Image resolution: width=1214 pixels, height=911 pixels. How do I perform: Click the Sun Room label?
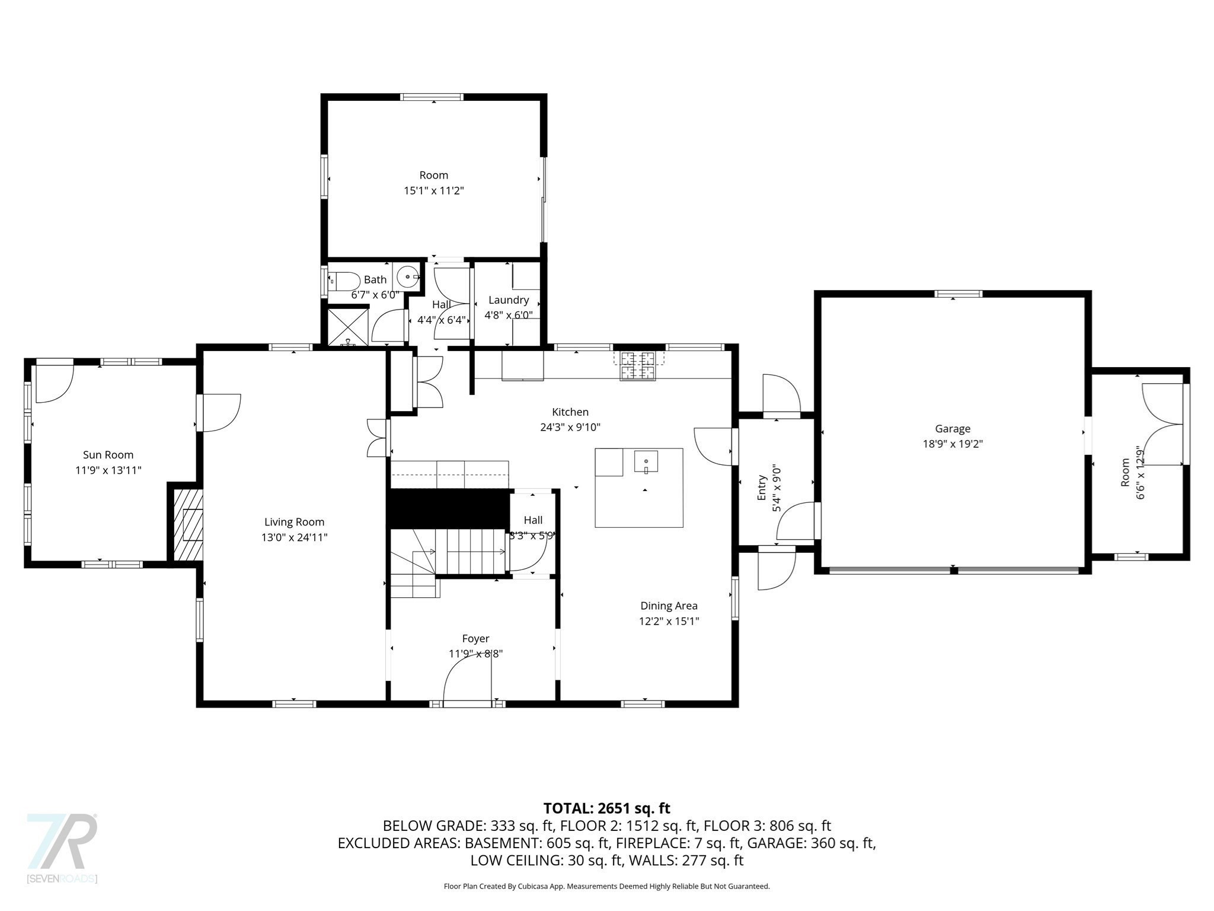108,455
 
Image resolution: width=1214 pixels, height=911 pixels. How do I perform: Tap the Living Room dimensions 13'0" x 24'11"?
295,537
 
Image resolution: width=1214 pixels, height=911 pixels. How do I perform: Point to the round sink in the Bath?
408,276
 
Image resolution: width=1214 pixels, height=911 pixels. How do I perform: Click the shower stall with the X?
348,324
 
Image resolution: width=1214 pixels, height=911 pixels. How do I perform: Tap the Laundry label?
508,300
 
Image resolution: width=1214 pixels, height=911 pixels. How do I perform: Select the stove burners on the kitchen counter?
638,365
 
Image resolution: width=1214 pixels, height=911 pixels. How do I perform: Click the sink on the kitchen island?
646,461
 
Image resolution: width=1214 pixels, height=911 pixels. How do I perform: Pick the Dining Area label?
669,606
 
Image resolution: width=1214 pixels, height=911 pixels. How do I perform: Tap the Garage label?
953,429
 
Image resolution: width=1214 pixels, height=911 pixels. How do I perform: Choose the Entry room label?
762,488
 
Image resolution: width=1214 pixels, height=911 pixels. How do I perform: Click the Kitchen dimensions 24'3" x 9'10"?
570,427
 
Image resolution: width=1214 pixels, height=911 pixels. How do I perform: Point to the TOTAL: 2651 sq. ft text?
606,808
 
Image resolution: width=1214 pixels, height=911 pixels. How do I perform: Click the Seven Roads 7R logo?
62,842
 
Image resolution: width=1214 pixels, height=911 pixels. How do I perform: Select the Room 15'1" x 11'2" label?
433,176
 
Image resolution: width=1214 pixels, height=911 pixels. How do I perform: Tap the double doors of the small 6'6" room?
1164,424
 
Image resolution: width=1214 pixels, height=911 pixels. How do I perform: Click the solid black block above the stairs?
449,508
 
